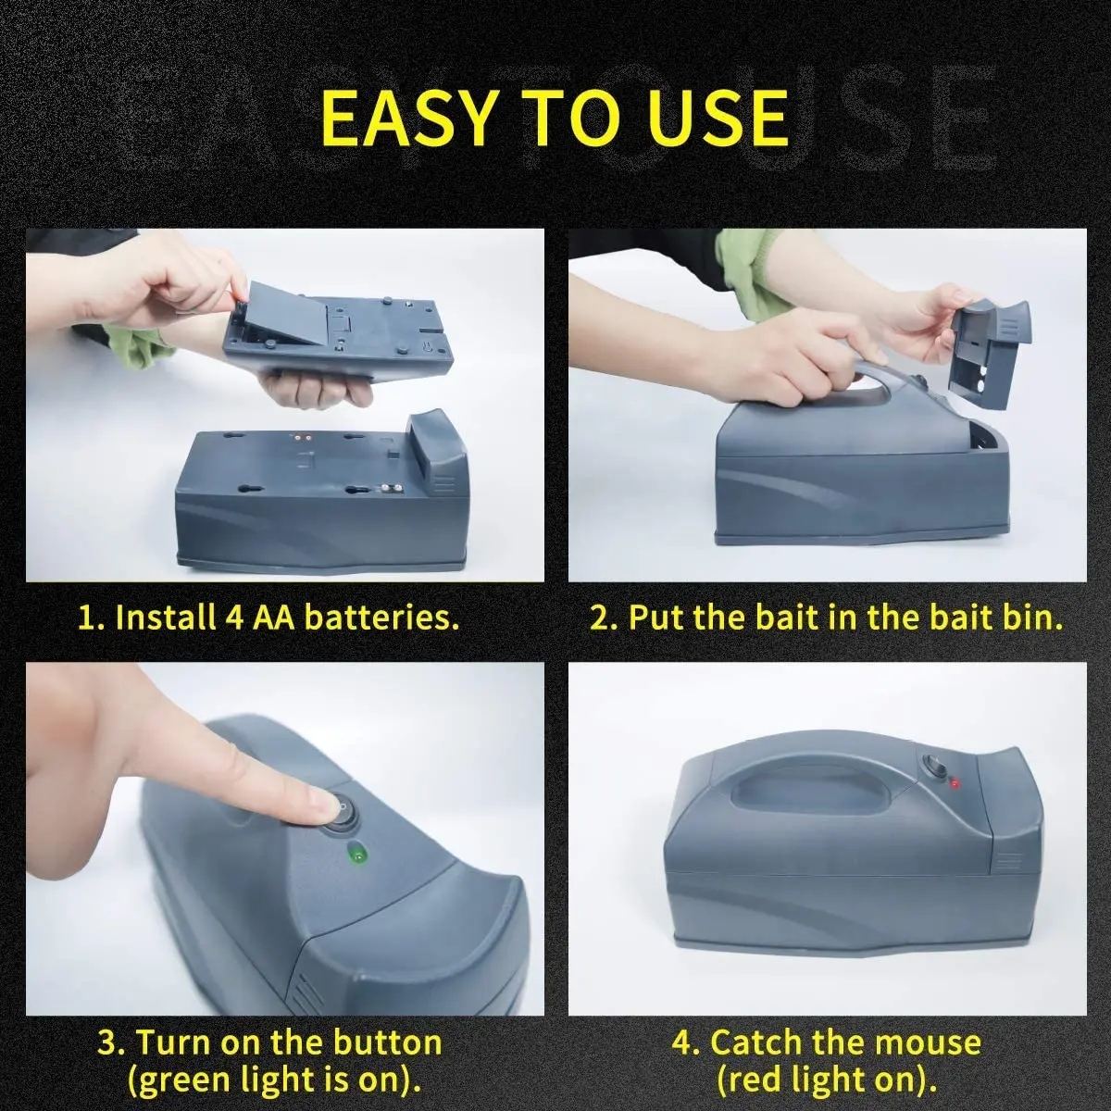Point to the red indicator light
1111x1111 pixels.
[954, 783]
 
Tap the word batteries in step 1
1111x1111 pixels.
[381, 618]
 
